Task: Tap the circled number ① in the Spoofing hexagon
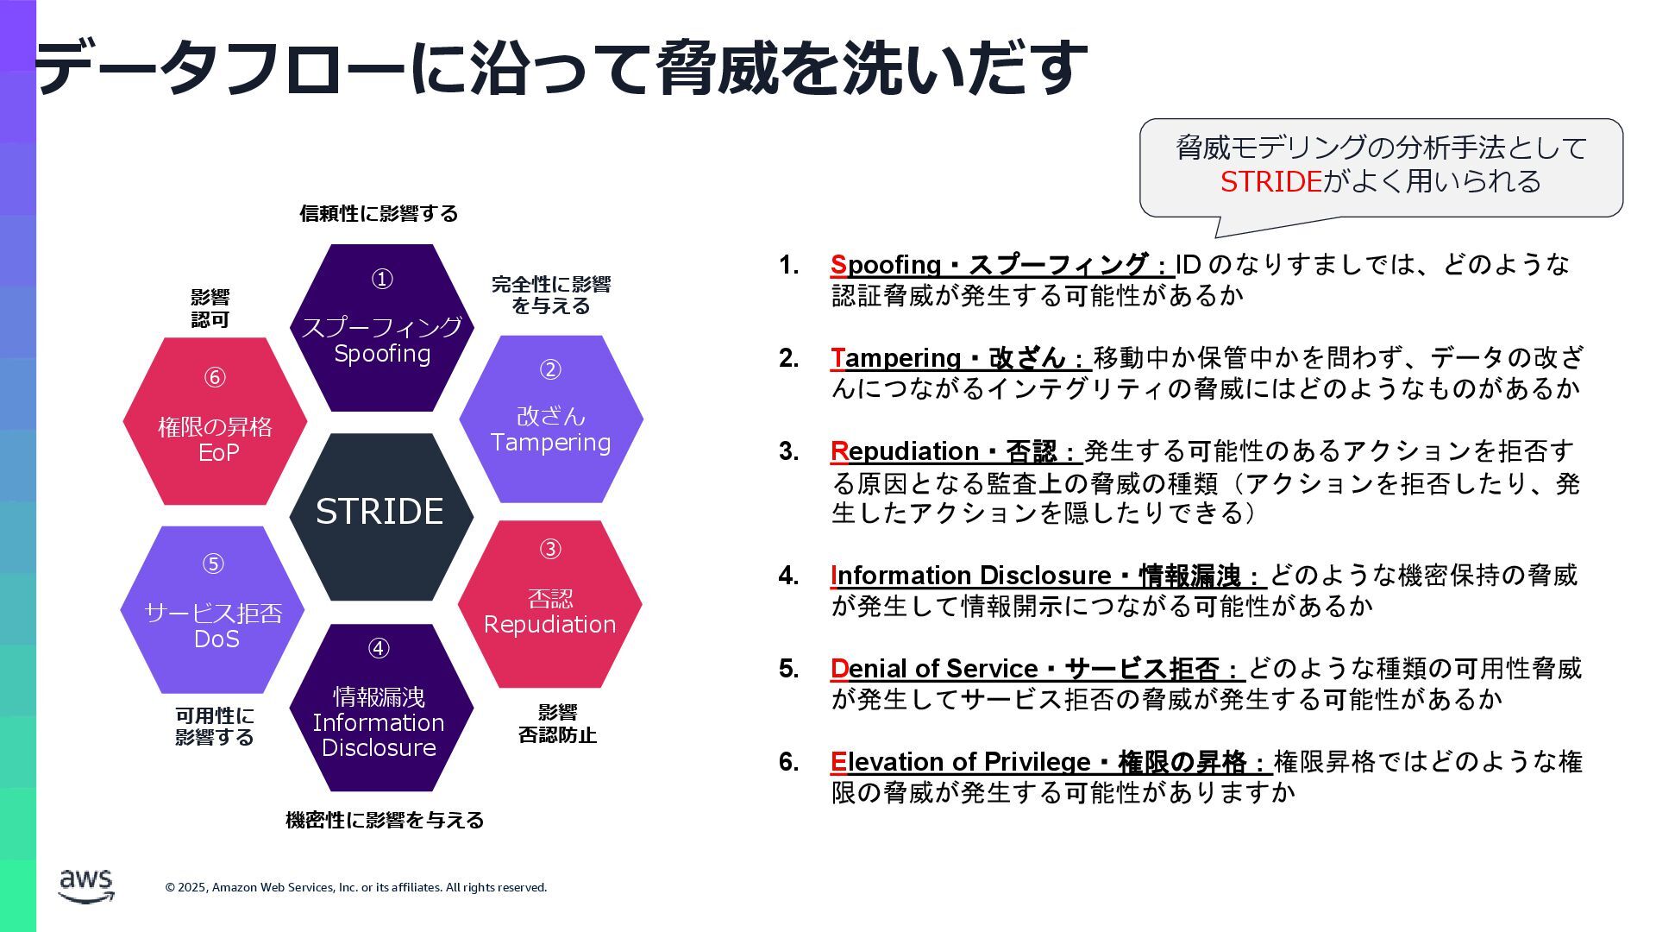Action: coord(382,280)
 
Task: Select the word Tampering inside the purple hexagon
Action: coord(550,443)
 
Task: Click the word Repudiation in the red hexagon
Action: coord(549,625)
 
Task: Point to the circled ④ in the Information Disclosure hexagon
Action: coord(379,649)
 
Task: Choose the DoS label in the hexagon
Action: coord(216,639)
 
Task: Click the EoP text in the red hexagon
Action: coord(218,453)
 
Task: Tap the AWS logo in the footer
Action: coord(86,886)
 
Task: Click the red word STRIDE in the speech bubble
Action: coord(1270,182)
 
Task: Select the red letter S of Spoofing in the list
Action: coord(838,265)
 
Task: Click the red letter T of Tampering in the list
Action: coord(837,358)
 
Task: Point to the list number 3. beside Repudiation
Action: coord(788,451)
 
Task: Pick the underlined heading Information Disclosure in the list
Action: coord(975,576)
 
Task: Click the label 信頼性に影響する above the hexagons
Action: coord(379,213)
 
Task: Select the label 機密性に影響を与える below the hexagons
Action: coord(385,820)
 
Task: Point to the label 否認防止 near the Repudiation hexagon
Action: coord(557,735)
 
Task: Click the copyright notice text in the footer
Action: coord(356,887)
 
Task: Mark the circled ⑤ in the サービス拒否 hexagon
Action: coord(213,564)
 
